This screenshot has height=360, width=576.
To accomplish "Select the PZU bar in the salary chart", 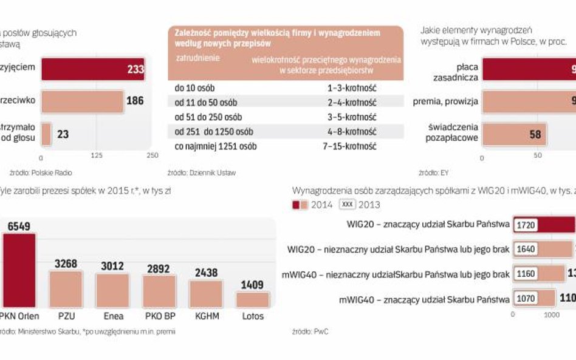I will pyautogui.click(x=66, y=290).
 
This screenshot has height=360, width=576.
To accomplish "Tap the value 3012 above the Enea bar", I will pyautogui.click(x=112, y=266).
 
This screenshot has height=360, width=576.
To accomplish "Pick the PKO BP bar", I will pyautogui.click(x=159, y=291).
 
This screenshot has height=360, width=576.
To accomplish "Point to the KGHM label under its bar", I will pyautogui.click(x=205, y=316).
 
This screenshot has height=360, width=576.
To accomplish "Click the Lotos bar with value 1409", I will pyautogui.click(x=252, y=300).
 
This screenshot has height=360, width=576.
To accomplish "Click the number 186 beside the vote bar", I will pyautogui.click(x=134, y=101).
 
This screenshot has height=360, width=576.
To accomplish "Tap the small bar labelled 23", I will pyautogui.click(x=46, y=134).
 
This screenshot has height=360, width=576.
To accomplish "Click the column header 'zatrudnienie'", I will pyautogui.click(x=197, y=59).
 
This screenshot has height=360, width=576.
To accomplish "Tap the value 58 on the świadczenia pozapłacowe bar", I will pyautogui.click(x=535, y=134).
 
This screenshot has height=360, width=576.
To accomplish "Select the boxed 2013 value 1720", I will pyautogui.click(x=526, y=225).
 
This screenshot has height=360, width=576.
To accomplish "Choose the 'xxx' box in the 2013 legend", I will pyautogui.click(x=348, y=205).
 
